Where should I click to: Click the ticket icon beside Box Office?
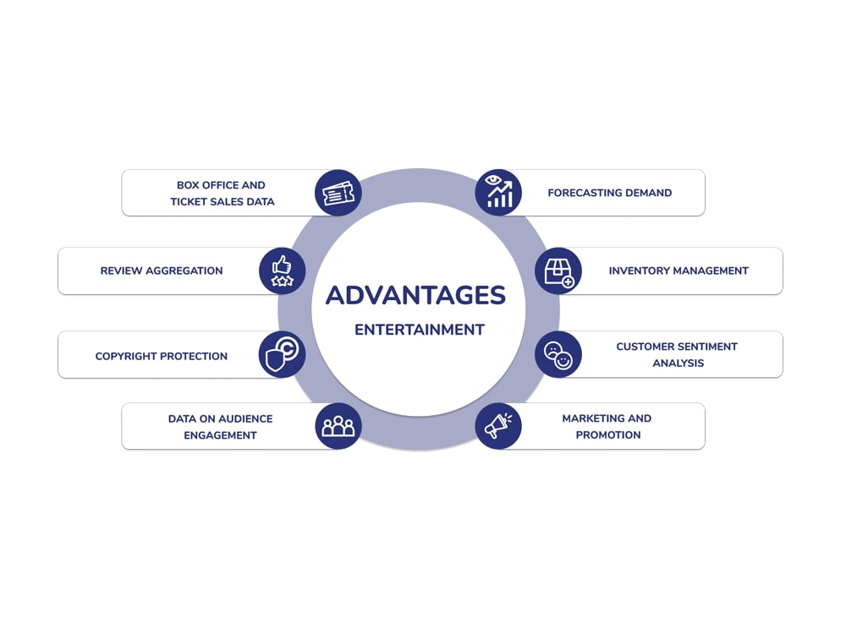(338, 193)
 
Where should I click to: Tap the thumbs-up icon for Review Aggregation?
(283, 271)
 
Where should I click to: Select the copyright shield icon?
(283, 354)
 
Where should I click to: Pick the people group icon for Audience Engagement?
(338, 426)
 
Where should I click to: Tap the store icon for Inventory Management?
(558, 271)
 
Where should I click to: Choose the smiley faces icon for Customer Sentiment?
(558, 354)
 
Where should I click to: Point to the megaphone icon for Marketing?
(498, 426)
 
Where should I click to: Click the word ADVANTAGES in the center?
(416, 295)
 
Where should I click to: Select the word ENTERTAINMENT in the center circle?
(420, 330)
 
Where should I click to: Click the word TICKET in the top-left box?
(187, 202)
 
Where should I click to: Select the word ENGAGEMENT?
(220, 435)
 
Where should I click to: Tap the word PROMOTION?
(608, 435)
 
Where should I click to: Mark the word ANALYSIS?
(678, 363)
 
